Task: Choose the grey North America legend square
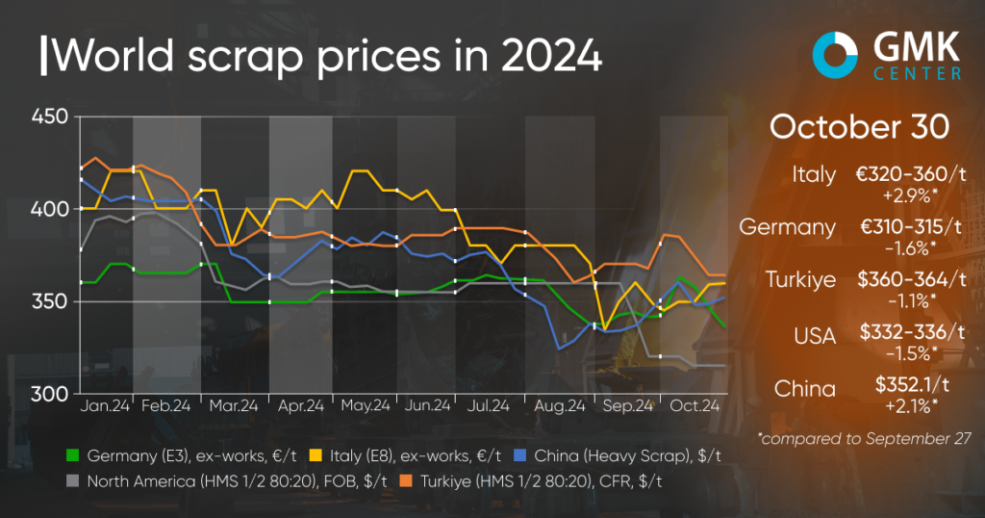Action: tap(71, 479)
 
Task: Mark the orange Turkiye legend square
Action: tap(314, 479)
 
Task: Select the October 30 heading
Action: tap(860, 128)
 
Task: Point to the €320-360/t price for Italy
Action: tap(909, 175)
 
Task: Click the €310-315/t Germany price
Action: tap(909, 227)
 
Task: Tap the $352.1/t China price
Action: tap(909, 387)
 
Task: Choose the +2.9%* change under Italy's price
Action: tap(910, 194)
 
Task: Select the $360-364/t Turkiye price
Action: tap(909, 280)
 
